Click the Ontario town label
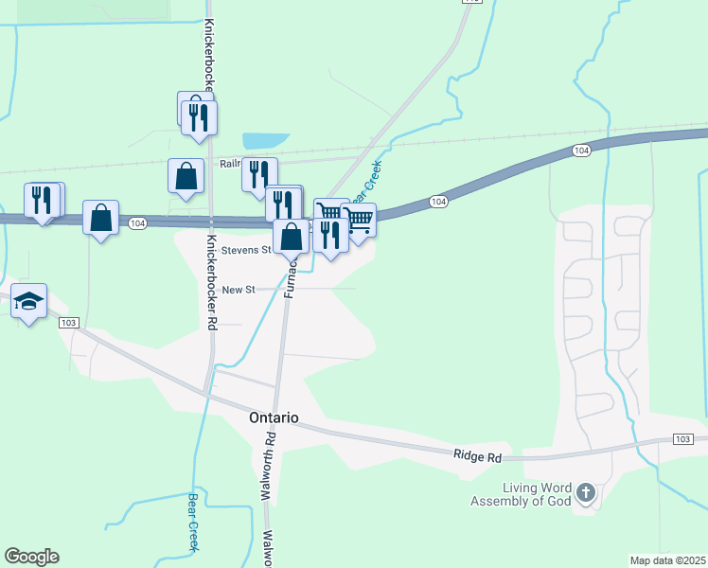point(274,417)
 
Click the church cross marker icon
point(586,492)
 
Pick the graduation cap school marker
point(29,302)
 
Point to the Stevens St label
point(246,250)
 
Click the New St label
point(239,289)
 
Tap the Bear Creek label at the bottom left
point(192,523)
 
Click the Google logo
point(31,557)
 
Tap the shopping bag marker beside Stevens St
point(292,236)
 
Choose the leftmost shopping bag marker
point(100,218)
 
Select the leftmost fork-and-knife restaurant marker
point(42,200)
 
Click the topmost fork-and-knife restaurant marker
point(199,116)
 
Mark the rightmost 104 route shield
point(581,151)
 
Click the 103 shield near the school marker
point(67,323)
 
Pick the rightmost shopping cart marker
point(359,220)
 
